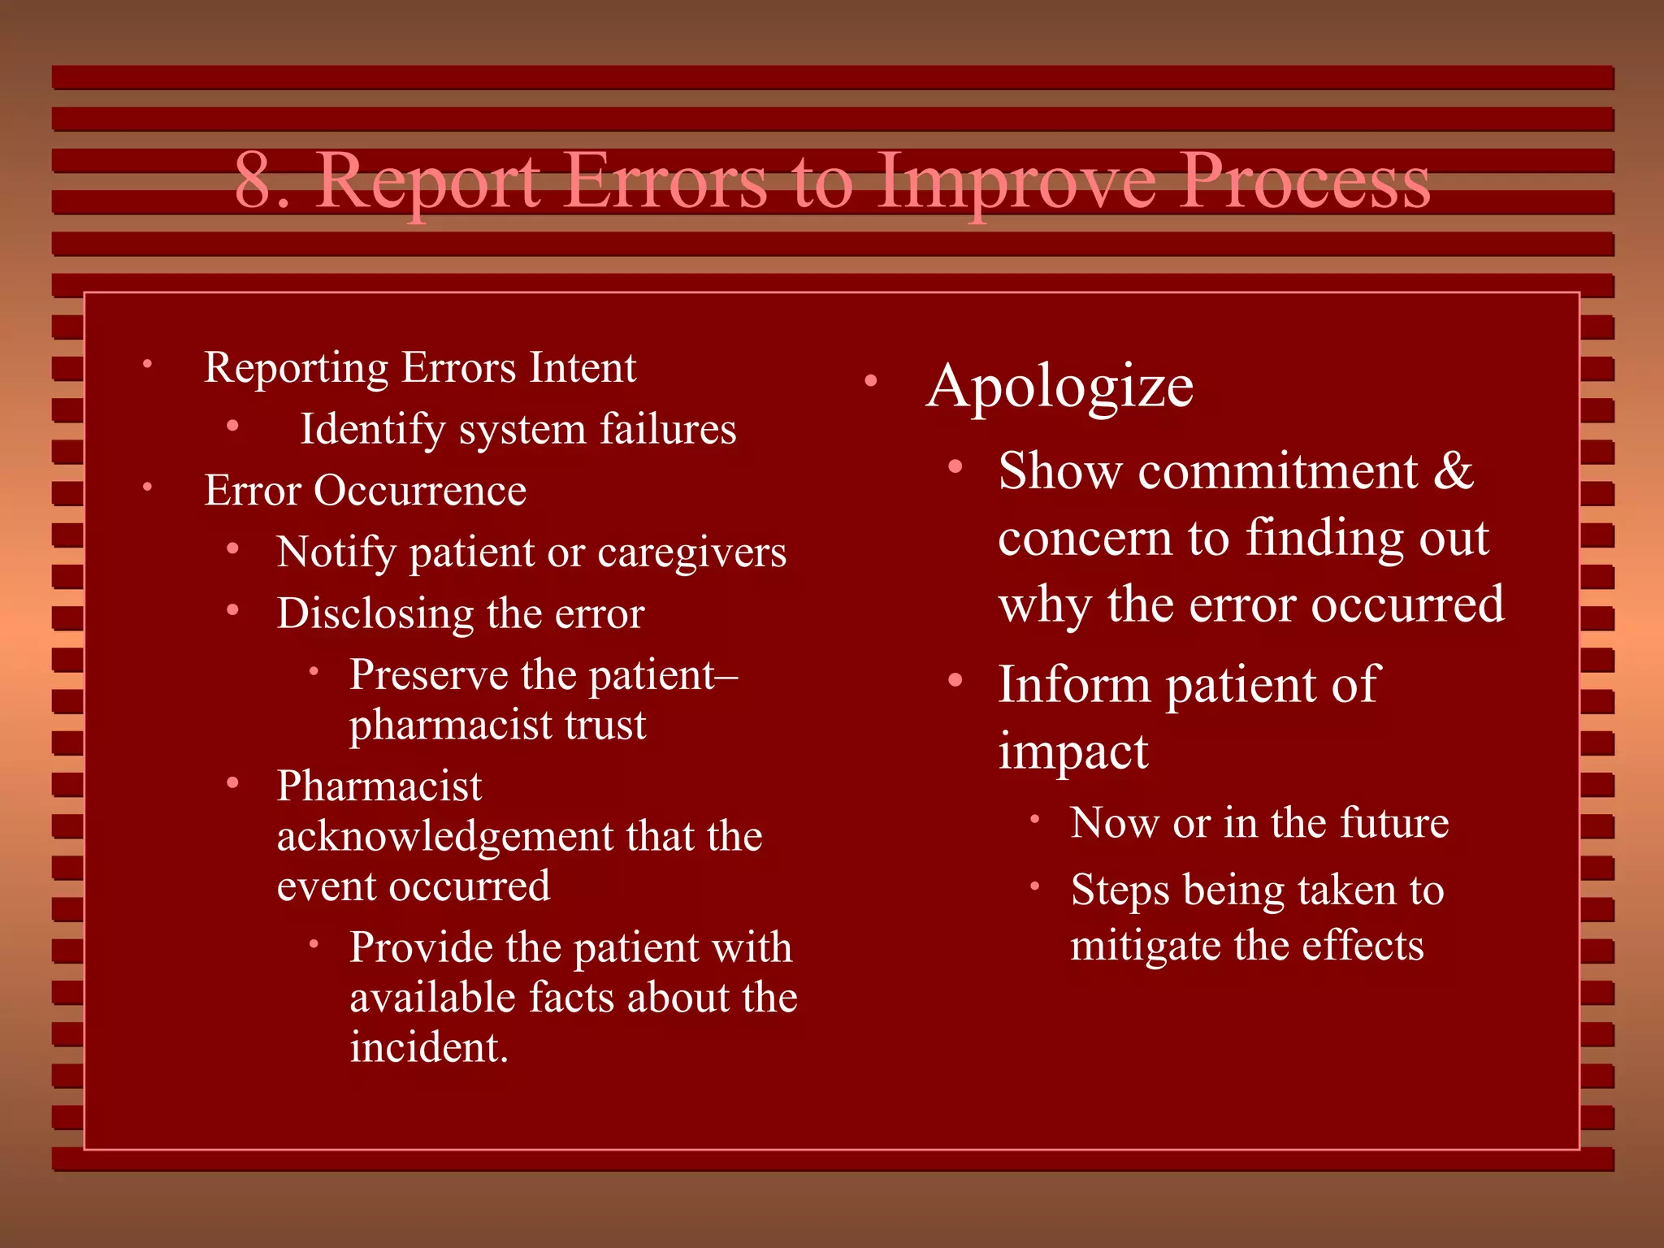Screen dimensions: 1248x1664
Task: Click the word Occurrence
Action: point(420,491)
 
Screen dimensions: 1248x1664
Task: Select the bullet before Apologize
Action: point(870,380)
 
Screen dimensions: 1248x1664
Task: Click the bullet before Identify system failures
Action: point(232,426)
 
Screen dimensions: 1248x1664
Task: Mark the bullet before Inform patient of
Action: point(955,679)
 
